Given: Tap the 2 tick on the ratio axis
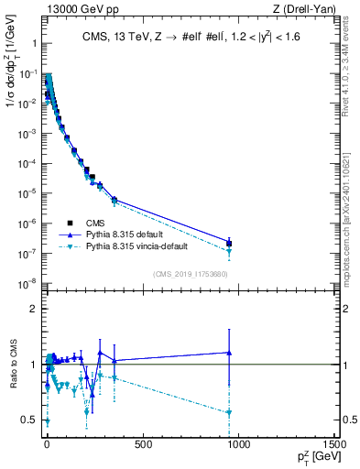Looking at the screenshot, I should [x=38, y=309].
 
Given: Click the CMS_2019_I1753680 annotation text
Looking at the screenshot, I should [x=190, y=273].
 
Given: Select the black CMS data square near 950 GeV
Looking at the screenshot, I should [x=229, y=244].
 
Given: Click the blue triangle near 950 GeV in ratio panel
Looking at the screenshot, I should [x=229, y=352].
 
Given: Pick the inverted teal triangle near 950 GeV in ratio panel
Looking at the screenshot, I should [x=229, y=413].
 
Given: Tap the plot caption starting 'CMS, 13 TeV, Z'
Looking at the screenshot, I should [x=191, y=39].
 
